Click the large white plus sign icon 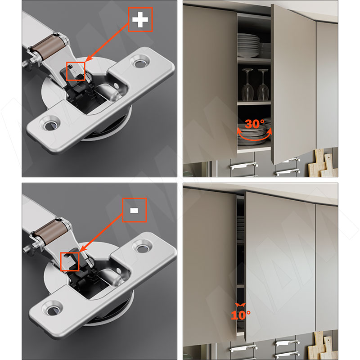click(x=140, y=19)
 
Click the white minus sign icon click(x=134, y=210)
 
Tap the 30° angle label click(x=254, y=124)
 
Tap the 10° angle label click(x=240, y=315)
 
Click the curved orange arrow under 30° click(x=254, y=139)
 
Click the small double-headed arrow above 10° click(x=240, y=305)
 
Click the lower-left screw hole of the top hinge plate click(x=50, y=124)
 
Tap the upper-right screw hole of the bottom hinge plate click(x=142, y=247)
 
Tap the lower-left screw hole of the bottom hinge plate click(x=53, y=309)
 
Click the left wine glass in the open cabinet click(x=247, y=85)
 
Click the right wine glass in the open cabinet click(x=263, y=85)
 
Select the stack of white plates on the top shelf click(x=248, y=45)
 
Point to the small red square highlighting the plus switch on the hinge click(x=76, y=71)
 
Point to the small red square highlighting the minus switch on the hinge click(x=70, y=261)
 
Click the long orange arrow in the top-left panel click(x=107, y=42)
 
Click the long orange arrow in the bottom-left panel click(x=101, y=233)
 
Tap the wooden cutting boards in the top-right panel click(x=323, y=163)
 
